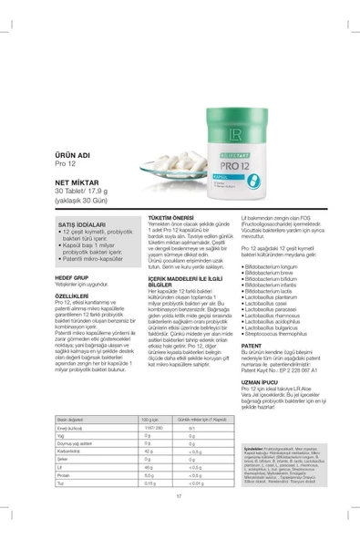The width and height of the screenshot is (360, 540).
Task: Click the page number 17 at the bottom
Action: click(x=180, y=520)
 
